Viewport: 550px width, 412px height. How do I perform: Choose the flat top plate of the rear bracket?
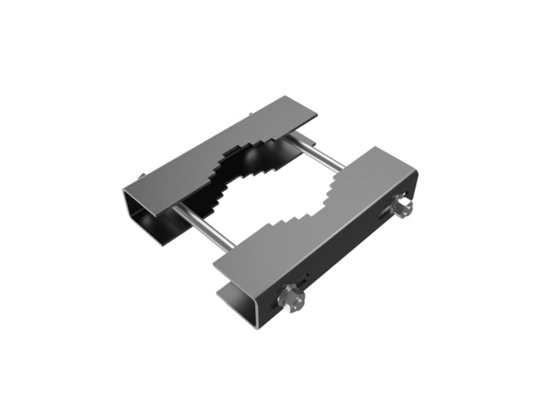click(206, 148)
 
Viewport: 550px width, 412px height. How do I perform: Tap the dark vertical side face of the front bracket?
click(344, 254)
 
